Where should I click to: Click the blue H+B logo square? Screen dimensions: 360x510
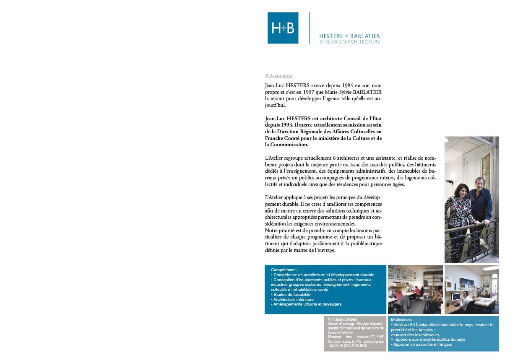pyautogui.click(x=283, y=28)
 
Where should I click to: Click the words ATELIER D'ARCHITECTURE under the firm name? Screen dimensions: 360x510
pyautogui.click(x=350, y=42)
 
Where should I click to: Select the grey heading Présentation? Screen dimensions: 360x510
pyautogui.click(x=278, y=76)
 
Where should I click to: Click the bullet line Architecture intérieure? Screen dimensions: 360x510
pyautogui.click(x=293, y=299)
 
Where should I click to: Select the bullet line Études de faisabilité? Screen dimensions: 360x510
pyautogui.click(x=291, y=295)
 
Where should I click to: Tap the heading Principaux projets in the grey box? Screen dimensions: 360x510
pyautogui.click(x=342, y=319)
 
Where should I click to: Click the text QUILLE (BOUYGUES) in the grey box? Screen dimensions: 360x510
pyautogui.click(x=349, y=346)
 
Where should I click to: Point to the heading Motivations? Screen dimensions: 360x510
pyautogui.click(x=401, y=320)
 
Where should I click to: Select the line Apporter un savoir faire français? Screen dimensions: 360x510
pyautogui.click(x=421, y=344)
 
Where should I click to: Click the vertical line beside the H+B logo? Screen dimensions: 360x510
pyautogui.click(x=309, y=28)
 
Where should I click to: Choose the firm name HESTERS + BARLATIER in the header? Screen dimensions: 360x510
pyautogui.click(x=349, y=36)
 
